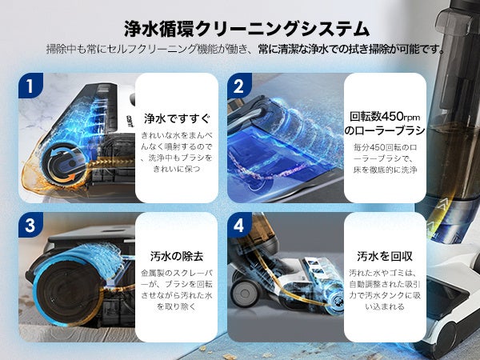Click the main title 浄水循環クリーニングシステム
pyautogui.click(x=246, y=29)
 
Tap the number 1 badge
pyautogui.click(x=30, y=86)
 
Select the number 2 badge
pyautogui.click(x=239, y=86)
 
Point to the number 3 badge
pyautogui.click(x=30, y=225)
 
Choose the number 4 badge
pyautogui.click(x=239, y=225)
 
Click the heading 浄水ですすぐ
pyautogui.click(x=177, y=118)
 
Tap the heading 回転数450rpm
pyautogui.click(x=385, y=117)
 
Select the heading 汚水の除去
pyautogui.click(x=177, y=256)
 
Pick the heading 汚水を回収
pyautogui.click(x=385, y=256)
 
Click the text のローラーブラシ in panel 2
pyautogui.click(x=385, y=130)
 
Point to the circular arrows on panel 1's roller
pyautogui.click(x=64, y=165)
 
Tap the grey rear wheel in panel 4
pyautogui.click(x=245, y=293)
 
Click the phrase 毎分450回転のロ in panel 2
pyautogui.click(x=385, y=147)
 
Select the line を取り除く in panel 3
pyautogui.click(x=177, y=306)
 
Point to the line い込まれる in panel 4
pyautogui.click(x=385, y=306)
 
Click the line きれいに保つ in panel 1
pyautogui.click(x=177, y=169)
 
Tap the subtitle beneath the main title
pyautogui.click(x=246, y=49)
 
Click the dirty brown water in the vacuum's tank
pyautogui.click(x=450, y=159)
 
